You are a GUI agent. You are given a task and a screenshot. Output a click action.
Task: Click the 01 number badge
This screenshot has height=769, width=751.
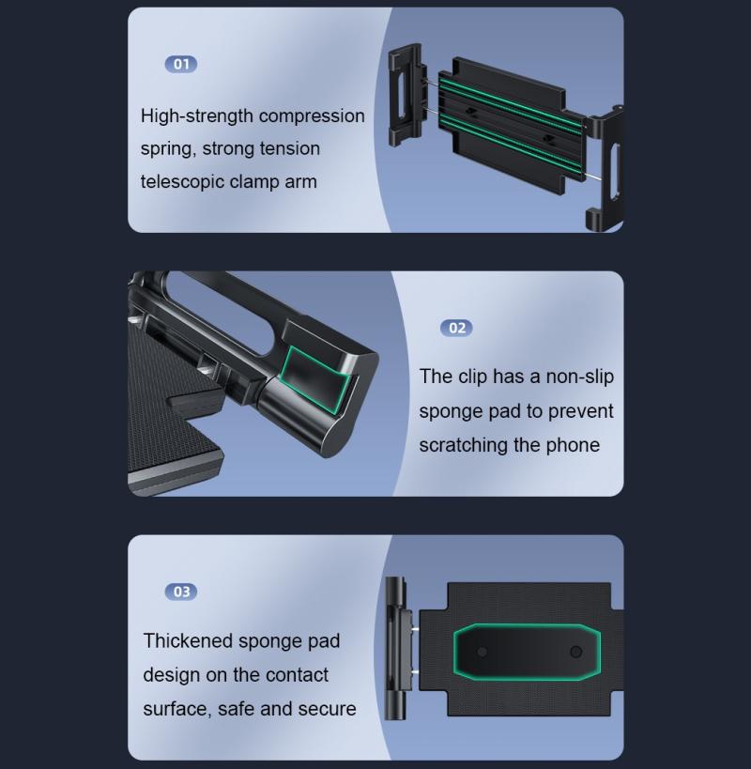[181, 64]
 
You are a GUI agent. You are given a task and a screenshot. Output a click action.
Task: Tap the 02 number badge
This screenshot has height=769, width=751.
[456, 328]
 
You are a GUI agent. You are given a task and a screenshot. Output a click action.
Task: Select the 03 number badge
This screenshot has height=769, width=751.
[181, 592]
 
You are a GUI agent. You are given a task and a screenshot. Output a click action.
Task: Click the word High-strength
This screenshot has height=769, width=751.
[196, 116]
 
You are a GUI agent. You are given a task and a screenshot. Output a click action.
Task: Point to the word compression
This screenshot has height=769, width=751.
[312, 116]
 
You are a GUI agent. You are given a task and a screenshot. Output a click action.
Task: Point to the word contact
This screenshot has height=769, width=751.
[297, 675]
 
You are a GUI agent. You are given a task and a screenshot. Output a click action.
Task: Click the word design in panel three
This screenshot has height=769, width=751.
[172, 676]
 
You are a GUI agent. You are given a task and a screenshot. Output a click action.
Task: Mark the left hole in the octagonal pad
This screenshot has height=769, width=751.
[483, 652]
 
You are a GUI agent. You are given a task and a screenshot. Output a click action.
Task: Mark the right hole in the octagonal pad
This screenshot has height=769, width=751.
[576, 652]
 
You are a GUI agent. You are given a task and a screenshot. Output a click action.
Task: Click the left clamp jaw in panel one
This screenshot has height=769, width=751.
[406, 95]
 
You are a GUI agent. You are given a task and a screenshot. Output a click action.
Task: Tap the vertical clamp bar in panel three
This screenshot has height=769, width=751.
[395, 649]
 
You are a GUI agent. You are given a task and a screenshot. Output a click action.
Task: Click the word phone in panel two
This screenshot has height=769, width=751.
[573, 445]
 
